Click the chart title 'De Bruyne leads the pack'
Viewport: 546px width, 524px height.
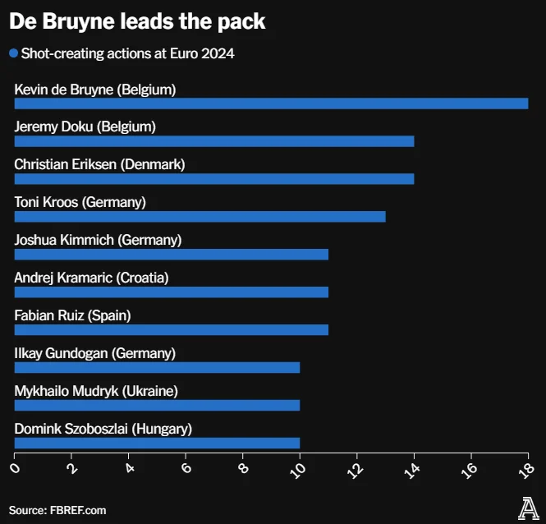click(x=137, y=21)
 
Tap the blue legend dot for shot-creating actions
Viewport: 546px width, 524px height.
click(x=13, y=54)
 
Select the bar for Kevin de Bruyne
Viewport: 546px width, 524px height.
click(x=271, y=103)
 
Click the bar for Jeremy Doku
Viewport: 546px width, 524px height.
click(x=213, y=141)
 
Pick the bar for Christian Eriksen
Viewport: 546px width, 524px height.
click(x=213, y=179)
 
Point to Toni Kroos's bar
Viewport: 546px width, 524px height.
click(x=200, y=217)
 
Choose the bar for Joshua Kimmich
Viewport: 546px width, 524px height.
click(x=171, y=255)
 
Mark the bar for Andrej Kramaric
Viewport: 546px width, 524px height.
click(x=171, y=292)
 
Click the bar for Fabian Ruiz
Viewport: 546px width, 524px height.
click(x=171, y=330)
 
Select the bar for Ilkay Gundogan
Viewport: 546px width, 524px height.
click(x=157, y=368)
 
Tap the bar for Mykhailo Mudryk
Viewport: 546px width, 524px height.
click(x=157, y=406)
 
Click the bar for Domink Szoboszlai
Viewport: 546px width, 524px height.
click(x=157, y=444)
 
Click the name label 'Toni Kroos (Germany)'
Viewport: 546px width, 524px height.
click(x=80, y=201)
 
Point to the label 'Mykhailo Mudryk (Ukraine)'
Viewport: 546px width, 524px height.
click(x=96, y=390)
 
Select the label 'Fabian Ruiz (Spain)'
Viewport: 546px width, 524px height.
click(x=72, y=315)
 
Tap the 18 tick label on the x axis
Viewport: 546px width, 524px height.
click(x=526, y=469)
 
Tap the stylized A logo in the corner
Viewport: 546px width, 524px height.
click(x=527, y=508)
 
